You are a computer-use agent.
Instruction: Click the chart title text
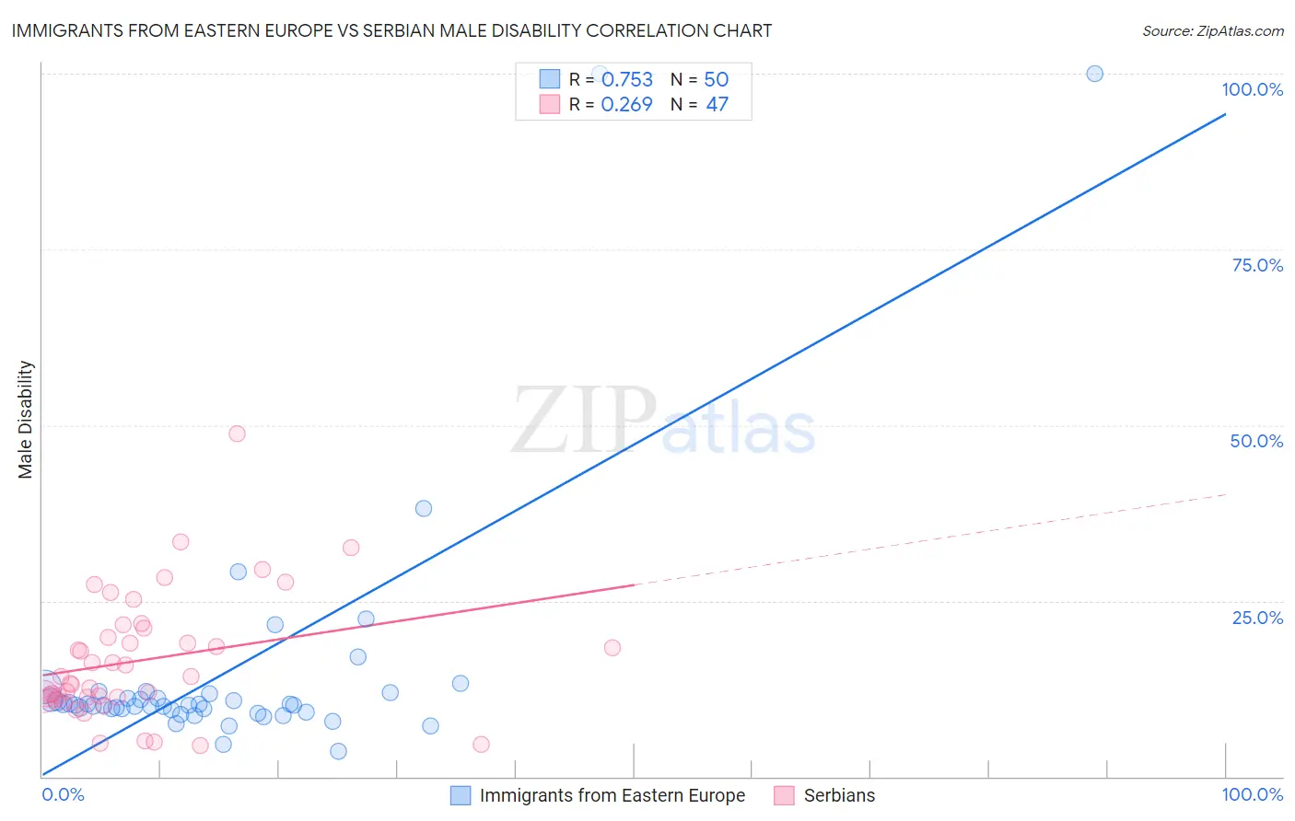click(x=391, y=30)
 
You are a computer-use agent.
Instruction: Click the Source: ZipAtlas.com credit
click(x=1212, y=30)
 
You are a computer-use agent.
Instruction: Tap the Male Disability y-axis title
click(x=26, y=419)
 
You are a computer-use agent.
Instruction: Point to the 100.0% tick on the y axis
click(x=1252, y=89)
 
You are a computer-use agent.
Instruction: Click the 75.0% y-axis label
click(x=1257, y=265)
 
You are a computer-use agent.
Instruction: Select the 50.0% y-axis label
click(x=1256, y=441)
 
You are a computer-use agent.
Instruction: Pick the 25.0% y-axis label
click(x=1257, y=618)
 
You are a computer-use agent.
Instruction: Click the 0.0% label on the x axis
click(x=63, y=794)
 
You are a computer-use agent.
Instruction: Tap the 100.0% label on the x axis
click(x=1252, y=794)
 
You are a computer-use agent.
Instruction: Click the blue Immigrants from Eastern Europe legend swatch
click(x=461, y=795)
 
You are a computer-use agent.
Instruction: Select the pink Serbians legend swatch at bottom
click(x=784, y=795)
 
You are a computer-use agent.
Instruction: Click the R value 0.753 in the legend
click(x=626, y=80)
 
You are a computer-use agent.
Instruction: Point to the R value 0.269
click(x=626, y=105)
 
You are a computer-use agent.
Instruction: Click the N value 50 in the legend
click(x=716, y=80)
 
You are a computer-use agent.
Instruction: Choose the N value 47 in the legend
click(x=717, y=105)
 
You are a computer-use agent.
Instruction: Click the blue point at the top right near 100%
click(x=1094, y=74)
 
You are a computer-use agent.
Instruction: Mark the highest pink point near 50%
click(x=237, y=434)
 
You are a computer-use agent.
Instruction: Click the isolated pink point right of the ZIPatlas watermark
click(x=612, y=648)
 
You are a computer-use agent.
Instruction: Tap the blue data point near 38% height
click(x=424, y=508)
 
